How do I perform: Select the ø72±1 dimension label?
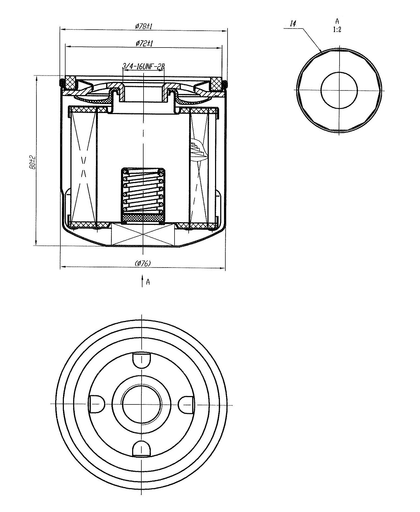[143, 43]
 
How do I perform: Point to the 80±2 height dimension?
[32, 162]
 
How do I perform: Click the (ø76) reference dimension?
[143, 263]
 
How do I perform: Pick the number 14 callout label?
[293, 24]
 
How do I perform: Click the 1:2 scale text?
[337, 30]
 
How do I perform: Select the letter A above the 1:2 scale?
[337, 21]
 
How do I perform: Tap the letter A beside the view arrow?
[148, 282]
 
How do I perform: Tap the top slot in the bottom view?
[141, 360]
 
